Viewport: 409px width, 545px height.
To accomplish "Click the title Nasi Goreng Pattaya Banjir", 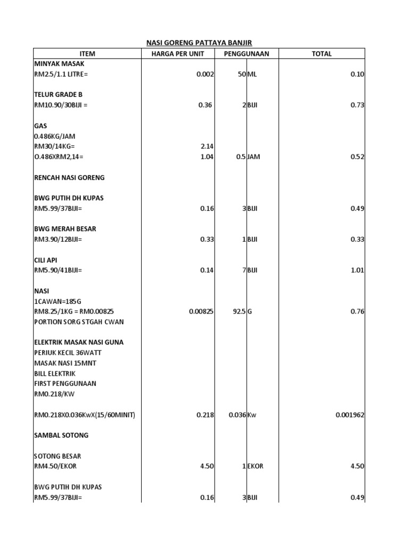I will [x=199, y=43].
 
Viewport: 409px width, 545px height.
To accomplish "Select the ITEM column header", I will [x=87, y=54].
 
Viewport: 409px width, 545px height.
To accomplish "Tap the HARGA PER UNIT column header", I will [x=177, y=54].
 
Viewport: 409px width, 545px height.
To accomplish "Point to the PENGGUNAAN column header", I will [x=247, y=54].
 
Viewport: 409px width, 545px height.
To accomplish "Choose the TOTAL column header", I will [x=322, y=54].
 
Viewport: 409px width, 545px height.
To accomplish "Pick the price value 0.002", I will [x=205, y=75].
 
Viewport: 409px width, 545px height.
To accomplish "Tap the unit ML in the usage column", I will [x=252, y=75].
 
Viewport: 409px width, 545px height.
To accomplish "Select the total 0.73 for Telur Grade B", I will [x=357, y=105].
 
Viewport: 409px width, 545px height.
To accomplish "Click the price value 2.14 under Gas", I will [x=207, y=146].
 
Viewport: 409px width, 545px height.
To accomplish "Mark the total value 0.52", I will [x=357, y=157].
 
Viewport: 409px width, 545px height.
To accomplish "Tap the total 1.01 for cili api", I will [x=357, y=270].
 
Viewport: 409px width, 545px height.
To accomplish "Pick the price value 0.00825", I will [x=201, y=312].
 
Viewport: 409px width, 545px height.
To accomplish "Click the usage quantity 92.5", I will [x=238, y=312].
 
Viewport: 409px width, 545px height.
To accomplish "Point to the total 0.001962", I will [x=350, y=415].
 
